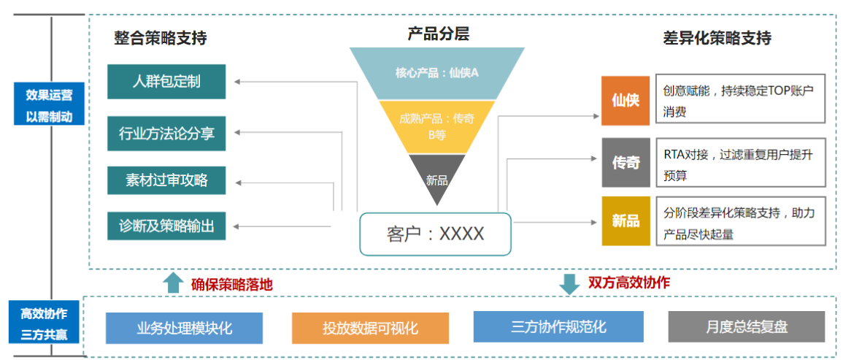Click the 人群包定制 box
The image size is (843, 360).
click(166, 82)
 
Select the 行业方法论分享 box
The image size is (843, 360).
click(166, 133)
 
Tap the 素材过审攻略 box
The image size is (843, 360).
click(166, 180)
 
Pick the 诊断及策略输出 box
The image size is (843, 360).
click(166, 226)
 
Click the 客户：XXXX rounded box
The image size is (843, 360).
click(435, 234)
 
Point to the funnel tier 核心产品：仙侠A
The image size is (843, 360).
click(436, 73)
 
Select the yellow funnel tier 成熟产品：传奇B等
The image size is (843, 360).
click(436, 126)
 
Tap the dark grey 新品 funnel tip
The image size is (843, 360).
click(436, 175)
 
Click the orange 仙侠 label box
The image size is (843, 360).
click(625, 100)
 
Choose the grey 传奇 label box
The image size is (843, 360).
click(625, 162)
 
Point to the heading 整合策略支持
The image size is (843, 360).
click(160, 38)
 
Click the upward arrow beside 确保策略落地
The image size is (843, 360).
click(172, 283)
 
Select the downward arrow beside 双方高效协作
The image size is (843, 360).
click(569, 283)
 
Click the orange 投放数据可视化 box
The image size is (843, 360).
click(370, 328)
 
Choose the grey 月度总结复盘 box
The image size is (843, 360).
click(746, 327)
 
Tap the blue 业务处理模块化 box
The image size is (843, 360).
click(184, 328)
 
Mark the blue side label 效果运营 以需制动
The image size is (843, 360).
click(49, 106)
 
